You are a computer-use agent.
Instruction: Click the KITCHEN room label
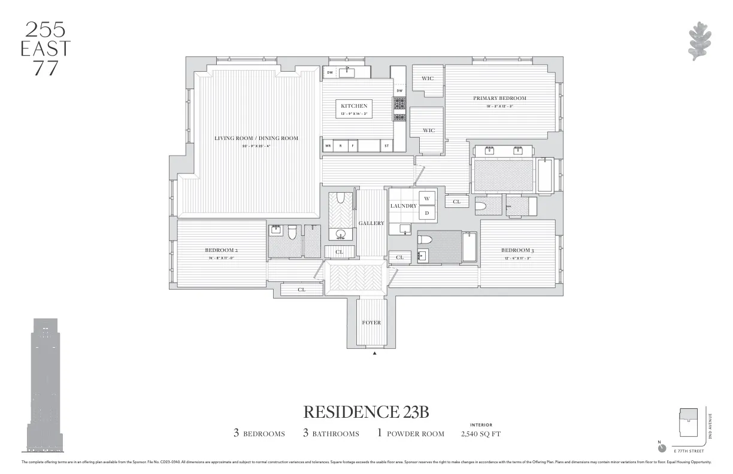[x=354, y=106]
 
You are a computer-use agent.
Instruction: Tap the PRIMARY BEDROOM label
[x=499, y=98]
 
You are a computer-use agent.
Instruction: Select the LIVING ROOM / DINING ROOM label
[x=256, y=138]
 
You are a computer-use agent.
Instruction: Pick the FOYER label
[x=371, y=323]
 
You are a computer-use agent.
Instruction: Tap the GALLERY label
[x=371, y=223]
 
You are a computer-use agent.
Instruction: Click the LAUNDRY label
[x=403, y=206]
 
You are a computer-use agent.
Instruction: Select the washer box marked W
[x=428, y=199]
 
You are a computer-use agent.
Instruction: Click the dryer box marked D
[x=428, y=212]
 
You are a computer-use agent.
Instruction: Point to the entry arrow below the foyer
[x=375, y=354]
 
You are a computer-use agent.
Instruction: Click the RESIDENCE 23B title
[x=366, y=412]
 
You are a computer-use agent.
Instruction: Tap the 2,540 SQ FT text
[x=481, y=434]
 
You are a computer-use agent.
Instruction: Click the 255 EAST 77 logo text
[x=46, y=48]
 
